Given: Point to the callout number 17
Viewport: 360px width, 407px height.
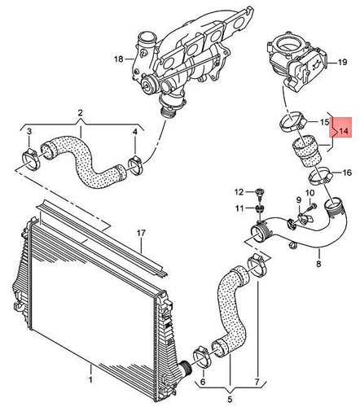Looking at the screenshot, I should click(140, 234).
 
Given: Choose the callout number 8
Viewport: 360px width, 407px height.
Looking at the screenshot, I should click(318, 265).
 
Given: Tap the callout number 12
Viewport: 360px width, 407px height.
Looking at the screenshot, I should click(239, 191).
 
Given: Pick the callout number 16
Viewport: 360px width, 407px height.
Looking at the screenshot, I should click(347, 173).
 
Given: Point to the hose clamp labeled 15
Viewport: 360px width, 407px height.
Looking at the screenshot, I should click(290, 124).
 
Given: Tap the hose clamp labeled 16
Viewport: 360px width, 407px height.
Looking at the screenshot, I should click(318, 173).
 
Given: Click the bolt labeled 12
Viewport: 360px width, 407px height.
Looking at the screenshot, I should click(259, 193).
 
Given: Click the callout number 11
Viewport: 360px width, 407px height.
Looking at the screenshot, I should click(239, 209).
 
